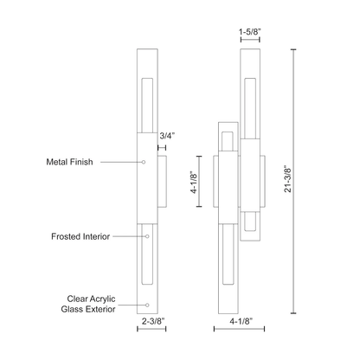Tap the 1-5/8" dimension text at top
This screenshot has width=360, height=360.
tap(250, 32)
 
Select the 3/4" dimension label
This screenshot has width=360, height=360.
tap(167, 136)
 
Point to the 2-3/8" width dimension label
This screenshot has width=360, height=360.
tap(153, 320)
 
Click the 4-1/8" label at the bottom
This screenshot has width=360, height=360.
tap(241, 321)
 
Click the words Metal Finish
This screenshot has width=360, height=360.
tap(69, 162)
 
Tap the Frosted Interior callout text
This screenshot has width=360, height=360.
tap(80, 236)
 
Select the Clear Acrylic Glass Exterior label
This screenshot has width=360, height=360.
tap(88, 304)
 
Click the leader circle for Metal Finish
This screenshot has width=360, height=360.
tap(144, 162)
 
